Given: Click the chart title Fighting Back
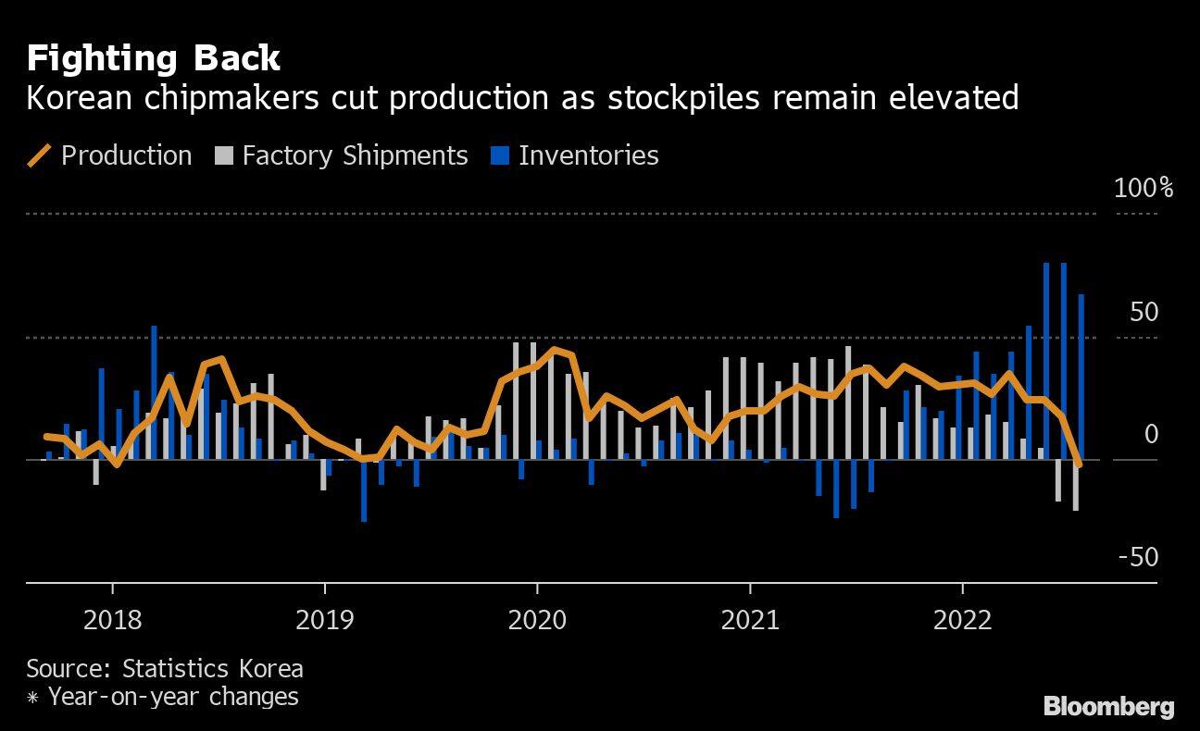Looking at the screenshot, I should [153, 58].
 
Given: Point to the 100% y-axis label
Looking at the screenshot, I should [1144, 188].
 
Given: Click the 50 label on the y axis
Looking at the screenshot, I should [1144, 312].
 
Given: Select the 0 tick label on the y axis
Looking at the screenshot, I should [1151, 434].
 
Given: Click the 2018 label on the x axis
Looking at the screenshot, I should [112, 619].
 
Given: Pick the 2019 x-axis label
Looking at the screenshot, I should [325, 619].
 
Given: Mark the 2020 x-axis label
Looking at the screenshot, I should [537, 619].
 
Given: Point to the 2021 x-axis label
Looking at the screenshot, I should [750, 619].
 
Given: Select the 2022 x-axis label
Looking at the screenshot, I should [963, 619].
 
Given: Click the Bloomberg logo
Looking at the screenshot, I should [1108, 707].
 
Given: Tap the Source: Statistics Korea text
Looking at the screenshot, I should [165, 668].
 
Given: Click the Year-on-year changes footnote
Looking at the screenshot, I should [172, 696].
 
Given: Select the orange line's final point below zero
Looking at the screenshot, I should [1079, 464].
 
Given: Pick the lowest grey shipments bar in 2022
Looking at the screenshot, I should [1075, 485].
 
